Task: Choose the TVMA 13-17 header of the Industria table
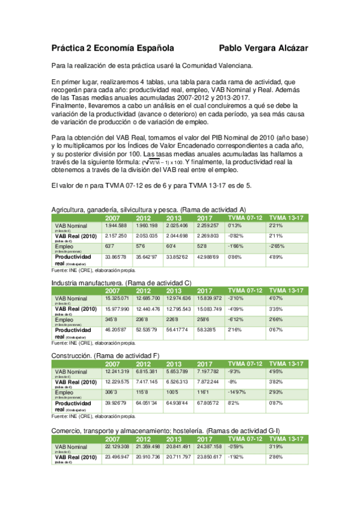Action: (285, 290)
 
